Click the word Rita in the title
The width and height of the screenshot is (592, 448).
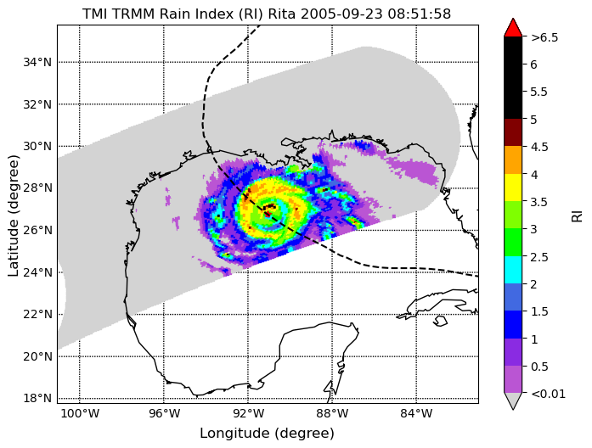[x=279, y=14]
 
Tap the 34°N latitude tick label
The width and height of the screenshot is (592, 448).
[x=37, y=62]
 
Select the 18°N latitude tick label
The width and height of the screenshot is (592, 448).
[x=37, y=398]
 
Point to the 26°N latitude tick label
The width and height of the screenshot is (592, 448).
[x=37, y=230]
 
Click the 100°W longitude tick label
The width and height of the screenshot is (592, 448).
[x=80, y=414]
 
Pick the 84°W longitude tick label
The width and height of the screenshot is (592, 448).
[x=416, y=414]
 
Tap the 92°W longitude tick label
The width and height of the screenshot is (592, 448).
[x=248, y=414]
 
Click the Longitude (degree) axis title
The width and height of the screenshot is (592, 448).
[x=268, y=434]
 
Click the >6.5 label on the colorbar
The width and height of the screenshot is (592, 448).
[x=544, y=37]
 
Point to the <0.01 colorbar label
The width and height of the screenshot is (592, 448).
[x=548, y=394]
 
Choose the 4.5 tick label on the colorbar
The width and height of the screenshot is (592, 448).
[x=539, y=147]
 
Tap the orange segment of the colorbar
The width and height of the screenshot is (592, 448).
[x=513, y=160]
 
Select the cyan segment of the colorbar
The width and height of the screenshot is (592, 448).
[x=513, y=270]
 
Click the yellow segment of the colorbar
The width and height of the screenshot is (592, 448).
[x=513, y=188]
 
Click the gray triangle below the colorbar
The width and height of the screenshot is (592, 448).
[x=513, y=401]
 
